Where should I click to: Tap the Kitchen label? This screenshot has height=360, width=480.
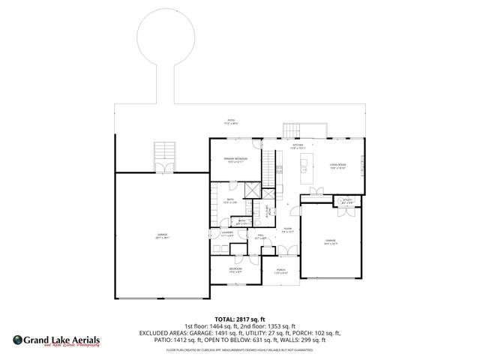click(297, 147)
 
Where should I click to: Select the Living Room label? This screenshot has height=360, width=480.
click(337, 166)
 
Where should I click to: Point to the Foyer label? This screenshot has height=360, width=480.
click(287, 232)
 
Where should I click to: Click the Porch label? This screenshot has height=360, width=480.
click(280, 271)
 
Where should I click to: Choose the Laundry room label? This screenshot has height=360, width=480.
click(227, 234)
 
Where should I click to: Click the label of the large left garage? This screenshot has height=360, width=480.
click(162, 236)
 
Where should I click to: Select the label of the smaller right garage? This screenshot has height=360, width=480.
click(331, 242)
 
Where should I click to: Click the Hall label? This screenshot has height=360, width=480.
click(261, 237)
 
